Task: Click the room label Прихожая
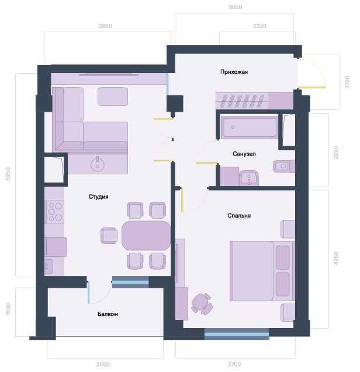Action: pyautogui.click(x=234, y=72)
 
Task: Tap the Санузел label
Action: pyautogui.click(x=244, y=154)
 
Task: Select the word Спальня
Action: pyautogui.click(x=239, y=215)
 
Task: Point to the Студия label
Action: pyautogui.click(x=98, y=197)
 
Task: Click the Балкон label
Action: pyautogui.click(x=108, y=314)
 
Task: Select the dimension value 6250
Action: pyautogui.click(x=9, y=174)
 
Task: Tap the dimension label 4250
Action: pyautogui.click(x=335, y=258)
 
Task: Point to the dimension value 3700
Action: pyautogui.click(x=234, y=364)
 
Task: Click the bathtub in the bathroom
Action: pyautogui.click(x=249, y=128)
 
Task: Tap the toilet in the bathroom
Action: pyautogui.click(x=283, y=167)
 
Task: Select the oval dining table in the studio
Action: pyautogui.click(x=146, y=235)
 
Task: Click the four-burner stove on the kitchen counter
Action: pyautogui.click(x=55, y=211)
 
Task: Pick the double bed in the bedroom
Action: pyautogui.click(x=260, y=270)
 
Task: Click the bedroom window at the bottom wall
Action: pyautogui.click(x=237, y=335)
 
